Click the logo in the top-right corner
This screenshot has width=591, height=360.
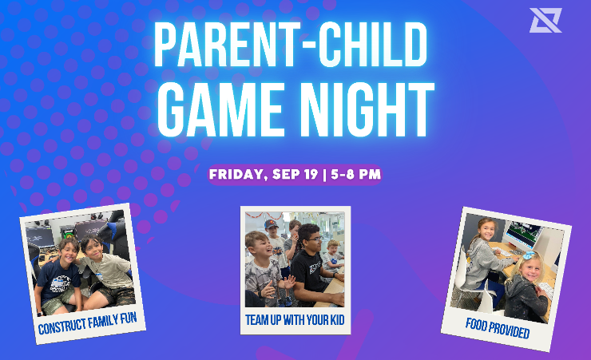click(x=545, y=20)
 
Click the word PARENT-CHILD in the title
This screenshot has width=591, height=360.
click(x=291, y=45)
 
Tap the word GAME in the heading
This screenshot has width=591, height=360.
click(x=220, y=109)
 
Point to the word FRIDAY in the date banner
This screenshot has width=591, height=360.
click(x=236, y=174)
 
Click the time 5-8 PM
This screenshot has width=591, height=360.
click(x=356, y=174)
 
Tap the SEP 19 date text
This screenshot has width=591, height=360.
click(x=295, y=174)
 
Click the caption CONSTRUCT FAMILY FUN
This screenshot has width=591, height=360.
click(x=87, y=323)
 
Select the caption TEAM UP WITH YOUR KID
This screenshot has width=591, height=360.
click(x=295, y=320)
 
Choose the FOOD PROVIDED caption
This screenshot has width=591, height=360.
click(x=498, y=328)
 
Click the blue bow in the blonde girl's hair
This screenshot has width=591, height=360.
click(x=529, y=255)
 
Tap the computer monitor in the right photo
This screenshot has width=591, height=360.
click(x=523, y=233)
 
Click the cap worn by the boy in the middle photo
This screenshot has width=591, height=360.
click(x=271, y=224)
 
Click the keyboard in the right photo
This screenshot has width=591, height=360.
click(x=505, y=252)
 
